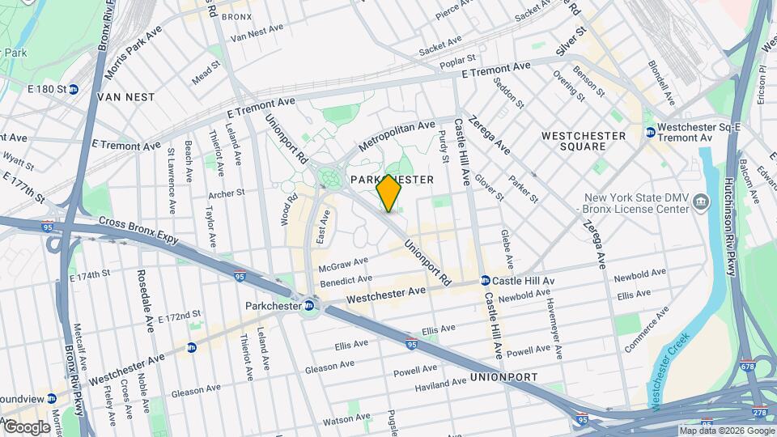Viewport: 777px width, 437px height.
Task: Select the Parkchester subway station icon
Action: pos(309,305)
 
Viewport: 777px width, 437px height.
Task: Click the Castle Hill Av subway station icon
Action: pos(485,281)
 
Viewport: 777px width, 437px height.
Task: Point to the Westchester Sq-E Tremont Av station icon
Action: pos(649,133)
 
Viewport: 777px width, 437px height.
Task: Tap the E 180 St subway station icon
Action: pos(74,89)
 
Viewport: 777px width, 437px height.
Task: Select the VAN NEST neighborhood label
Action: pos(125,96)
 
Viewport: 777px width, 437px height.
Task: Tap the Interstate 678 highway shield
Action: pos(747,367)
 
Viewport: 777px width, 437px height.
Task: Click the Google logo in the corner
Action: pos(26,426)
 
